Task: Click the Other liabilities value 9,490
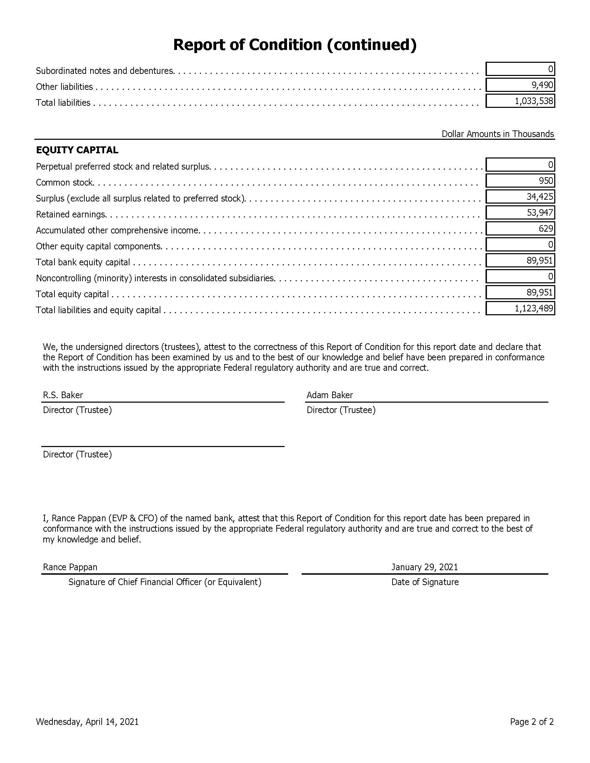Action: [x=542, y=85]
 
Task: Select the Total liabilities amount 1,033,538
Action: [x=534, y=101]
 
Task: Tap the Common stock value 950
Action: [x=546, y=181]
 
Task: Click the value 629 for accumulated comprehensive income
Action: [x=546, y=229]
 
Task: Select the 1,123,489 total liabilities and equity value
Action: [x=534, y=308]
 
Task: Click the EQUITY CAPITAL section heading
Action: [x=77, y=150]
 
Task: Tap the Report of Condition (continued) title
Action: [x=295, y=45]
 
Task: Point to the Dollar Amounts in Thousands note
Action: [x=497, y=134]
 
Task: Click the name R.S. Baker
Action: [x=63, y=395]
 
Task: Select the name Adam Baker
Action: [x=330, y=395]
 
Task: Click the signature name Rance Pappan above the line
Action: [x=70, y=567]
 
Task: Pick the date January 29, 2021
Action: [x=424, y=567]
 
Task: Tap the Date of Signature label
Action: [x=425, y=582]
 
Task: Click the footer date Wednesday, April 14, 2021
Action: [x=87, y=722]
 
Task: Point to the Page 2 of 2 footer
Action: [x=532, y=722]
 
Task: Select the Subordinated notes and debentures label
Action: [x=105, y=71]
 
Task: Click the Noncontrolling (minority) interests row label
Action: [x=155, y=278]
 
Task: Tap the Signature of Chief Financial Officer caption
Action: [x=165, y=582]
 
